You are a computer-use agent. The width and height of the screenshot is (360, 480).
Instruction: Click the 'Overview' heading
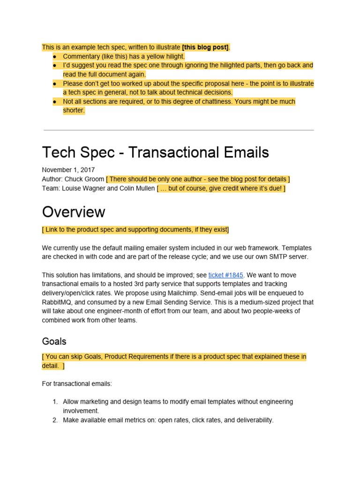pyautogui.click(x=74, y=212)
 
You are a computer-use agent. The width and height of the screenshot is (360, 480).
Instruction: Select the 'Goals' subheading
pyautogui.click(x=54, y=341)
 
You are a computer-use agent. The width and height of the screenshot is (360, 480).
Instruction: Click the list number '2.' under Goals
pyautogui.click(x=54, y=420)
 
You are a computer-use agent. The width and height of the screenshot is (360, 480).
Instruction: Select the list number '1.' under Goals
pyautogui.click(x=54, y=402)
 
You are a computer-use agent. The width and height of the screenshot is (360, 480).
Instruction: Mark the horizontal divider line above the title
pyautogui.click(x=179, y=130)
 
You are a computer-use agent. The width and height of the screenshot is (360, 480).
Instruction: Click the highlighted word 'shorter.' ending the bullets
pyautogui.click(x=74, y=111)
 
